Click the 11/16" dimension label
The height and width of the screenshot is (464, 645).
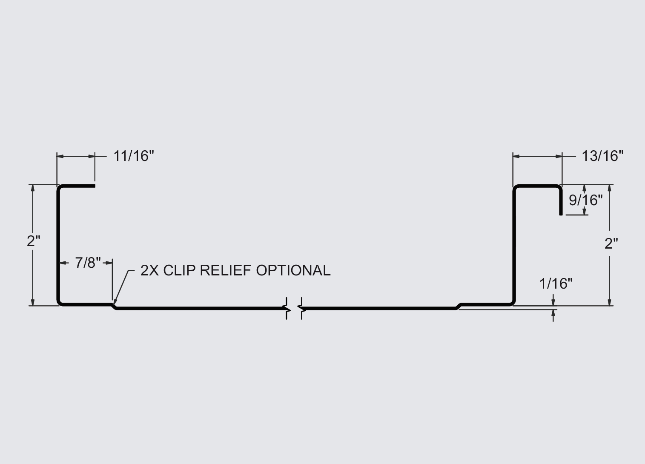coord(134,156)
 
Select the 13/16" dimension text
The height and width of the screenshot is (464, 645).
coord(602,156)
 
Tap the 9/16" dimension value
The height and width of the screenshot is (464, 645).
coord(586,200)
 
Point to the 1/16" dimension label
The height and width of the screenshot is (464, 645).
coord(556,284)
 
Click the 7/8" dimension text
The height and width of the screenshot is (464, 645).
coord(88,263)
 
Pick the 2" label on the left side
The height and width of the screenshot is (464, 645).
coord(33,241)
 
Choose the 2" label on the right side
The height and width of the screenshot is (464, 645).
coord(611,244)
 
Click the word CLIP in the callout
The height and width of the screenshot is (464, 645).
coord(179,271)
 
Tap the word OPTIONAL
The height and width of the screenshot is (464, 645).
coord(293,271)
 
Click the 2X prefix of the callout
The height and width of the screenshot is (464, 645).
coord(149,271)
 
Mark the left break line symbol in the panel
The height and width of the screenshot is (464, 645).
coord(287,308)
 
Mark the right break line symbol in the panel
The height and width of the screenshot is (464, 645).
coord(301,308)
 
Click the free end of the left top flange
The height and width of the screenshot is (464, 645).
coord(95,186)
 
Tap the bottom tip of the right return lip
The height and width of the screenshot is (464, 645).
coord(561,215)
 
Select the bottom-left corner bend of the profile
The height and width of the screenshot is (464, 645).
coord(59,303)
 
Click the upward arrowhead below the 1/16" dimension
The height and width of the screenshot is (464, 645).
coord(553,313)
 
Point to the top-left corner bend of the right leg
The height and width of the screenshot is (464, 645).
coord(516,187)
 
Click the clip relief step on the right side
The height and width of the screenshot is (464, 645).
coord(459,306)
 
